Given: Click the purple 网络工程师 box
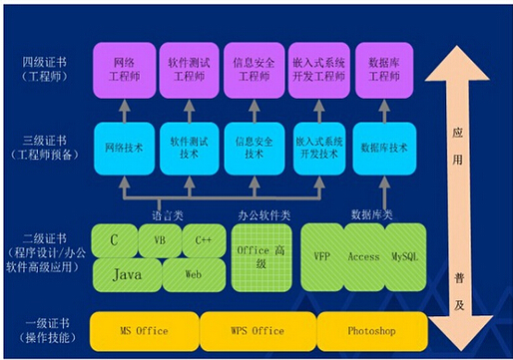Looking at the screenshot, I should [124, 69].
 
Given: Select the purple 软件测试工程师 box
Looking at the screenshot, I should [189, 69].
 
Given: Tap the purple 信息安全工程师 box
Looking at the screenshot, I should [254, 69].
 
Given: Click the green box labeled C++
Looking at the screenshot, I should [203, 240].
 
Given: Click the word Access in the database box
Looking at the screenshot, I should [364, 256].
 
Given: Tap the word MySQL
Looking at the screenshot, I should [407, 256].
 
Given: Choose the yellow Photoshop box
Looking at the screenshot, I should [372, 330].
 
